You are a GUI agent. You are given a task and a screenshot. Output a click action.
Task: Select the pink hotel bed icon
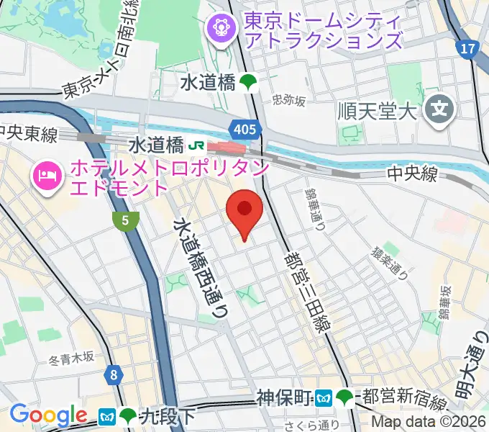pos(47,177)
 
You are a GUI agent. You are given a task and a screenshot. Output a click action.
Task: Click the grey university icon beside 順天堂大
pos(438,110)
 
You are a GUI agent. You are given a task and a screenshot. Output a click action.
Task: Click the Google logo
pos(47,415)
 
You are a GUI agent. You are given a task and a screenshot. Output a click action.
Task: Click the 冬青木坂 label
pos(72,356)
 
